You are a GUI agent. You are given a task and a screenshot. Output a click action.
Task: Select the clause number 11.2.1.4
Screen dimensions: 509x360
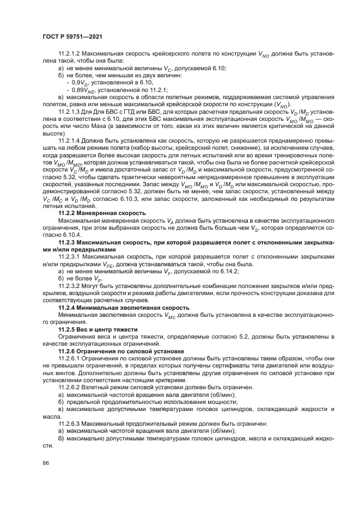(x=71, y=140)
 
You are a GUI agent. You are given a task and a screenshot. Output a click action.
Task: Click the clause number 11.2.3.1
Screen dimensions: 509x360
(x=71, y=256)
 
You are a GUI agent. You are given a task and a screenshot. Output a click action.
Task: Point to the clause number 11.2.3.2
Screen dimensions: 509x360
(x=71, y=285)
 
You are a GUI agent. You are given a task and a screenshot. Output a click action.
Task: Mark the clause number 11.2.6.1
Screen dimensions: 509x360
(x=71, y=359)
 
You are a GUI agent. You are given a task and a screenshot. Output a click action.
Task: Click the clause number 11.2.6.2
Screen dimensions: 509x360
(x=71, y=387)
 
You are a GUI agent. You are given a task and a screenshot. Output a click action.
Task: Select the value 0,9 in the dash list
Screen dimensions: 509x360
(x=75, y=83)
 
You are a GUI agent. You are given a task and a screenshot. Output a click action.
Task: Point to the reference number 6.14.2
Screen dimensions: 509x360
(x=229, y=271)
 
